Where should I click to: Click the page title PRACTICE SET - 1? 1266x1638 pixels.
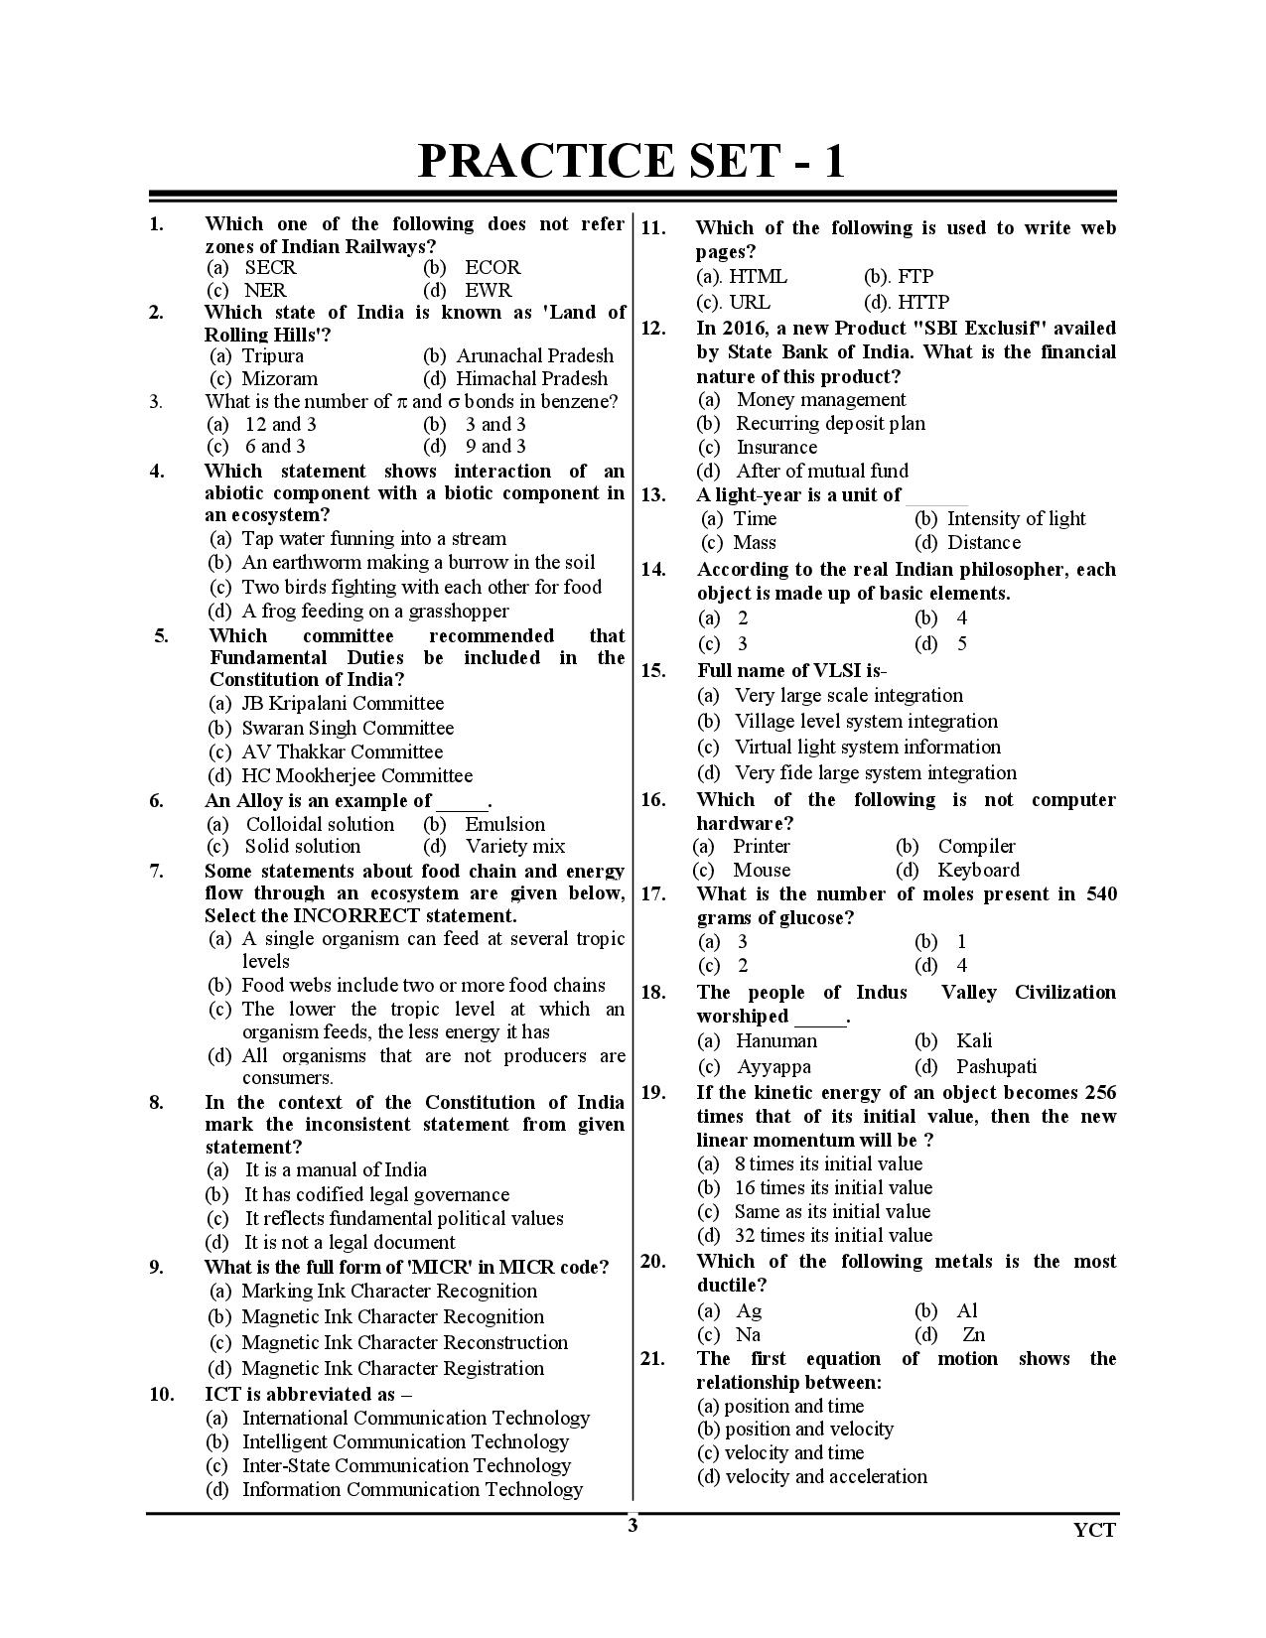pos(632,161)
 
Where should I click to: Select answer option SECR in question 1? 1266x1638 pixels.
pos(270,268)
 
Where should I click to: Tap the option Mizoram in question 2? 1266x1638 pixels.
pos(280,378)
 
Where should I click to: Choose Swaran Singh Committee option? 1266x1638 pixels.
pos(348,728)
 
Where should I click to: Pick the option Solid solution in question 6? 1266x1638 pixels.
pos(303,847)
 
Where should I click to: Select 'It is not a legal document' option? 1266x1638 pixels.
pos(350,1242)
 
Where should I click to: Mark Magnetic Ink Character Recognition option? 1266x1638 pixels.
pos(392,1316)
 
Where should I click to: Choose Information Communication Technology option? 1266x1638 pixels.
pos(412,1489)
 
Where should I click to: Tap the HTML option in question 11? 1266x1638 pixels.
pos(758,277)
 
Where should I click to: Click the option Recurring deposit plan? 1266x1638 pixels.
pos(830,423)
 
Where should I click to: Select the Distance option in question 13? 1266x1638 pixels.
pos(984,543)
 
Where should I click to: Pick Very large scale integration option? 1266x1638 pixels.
pos(848,696)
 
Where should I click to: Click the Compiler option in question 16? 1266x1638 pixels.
pos(976,847)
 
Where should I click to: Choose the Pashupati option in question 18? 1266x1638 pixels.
pos(996,1067)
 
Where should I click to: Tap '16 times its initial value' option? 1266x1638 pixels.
pos(833,1188)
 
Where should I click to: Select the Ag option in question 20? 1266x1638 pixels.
pos(748,1311)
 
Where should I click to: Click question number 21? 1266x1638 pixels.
pos(652,1359)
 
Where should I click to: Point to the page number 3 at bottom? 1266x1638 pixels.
pos(633,1526)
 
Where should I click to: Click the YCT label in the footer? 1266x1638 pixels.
pos(1094,1530)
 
